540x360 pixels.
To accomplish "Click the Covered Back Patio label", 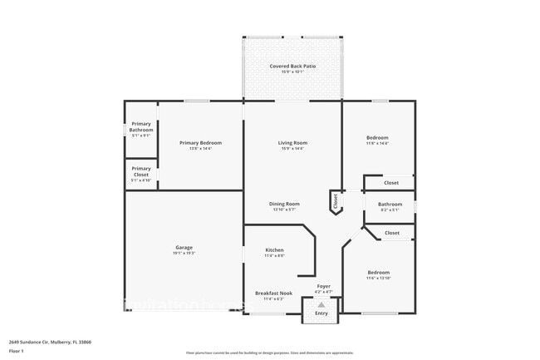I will tap(292, 66).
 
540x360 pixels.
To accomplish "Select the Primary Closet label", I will tap(140, 172).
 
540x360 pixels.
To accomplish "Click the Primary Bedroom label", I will tap(200, 143).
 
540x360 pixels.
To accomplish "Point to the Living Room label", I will tap(292, 143).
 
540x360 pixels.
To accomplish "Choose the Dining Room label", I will tap(284, 204).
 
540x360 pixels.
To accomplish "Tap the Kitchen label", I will tap(275, 250).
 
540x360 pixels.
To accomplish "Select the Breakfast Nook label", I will tap(273, 293).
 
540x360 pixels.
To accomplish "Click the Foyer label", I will tap(324, 286).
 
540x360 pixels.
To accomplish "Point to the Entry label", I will tap(321, 313).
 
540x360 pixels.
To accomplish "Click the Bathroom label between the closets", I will tap(390, 204).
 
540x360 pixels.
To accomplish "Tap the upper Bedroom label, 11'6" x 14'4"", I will tap(378, 138).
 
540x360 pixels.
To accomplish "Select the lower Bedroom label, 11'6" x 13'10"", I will tap(378, 272).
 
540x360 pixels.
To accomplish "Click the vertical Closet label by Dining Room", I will tap(336, 200).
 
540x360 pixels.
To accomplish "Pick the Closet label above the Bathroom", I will tap(391, 182).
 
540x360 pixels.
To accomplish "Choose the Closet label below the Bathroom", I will tap(391, 234).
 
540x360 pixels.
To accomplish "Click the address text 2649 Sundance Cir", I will tap(50, 342).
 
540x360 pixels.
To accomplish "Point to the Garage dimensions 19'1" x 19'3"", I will tap(184, 253).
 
